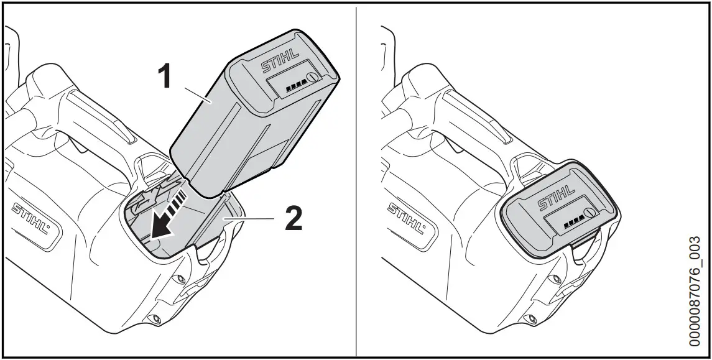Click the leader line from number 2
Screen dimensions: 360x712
click(x=252, y=217)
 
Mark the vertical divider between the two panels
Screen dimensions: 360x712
click(x=356, y=180)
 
